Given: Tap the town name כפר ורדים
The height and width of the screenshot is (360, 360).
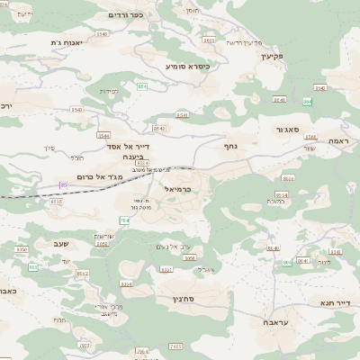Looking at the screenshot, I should tap(124, 14).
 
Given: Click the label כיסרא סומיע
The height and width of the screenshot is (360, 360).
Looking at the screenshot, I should tap(186, 66).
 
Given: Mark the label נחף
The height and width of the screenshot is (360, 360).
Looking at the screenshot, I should tap(230, 142).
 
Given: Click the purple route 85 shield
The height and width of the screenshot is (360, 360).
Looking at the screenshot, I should tap(63, 184).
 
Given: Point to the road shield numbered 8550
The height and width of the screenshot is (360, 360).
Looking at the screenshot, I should tap(22, 248).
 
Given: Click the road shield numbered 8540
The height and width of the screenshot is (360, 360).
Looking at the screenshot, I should tap(76, 110).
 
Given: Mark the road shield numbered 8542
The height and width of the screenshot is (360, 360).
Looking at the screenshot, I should tap(82, 273).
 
